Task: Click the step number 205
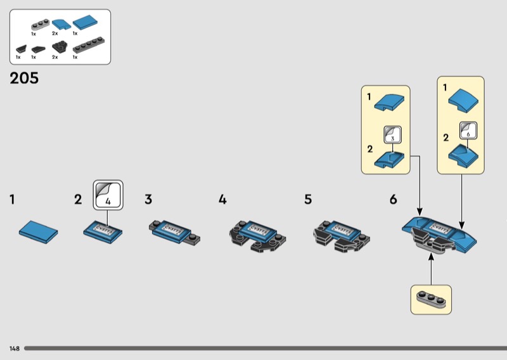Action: click(x=24, y=79)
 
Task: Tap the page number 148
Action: click(x=14, y=349)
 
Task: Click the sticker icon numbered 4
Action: click(x=108, y=195)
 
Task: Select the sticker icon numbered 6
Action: click(x=468, y=131)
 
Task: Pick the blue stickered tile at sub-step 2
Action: click(x=103, y=229)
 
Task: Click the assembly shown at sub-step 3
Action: click(x=176, y=230)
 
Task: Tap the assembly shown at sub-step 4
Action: click(x=256, y=235)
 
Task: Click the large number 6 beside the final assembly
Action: click(x=394, y=200)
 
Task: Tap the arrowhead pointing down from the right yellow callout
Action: click(x=461, y=224)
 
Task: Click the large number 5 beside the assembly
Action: click(x=308, y=200)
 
